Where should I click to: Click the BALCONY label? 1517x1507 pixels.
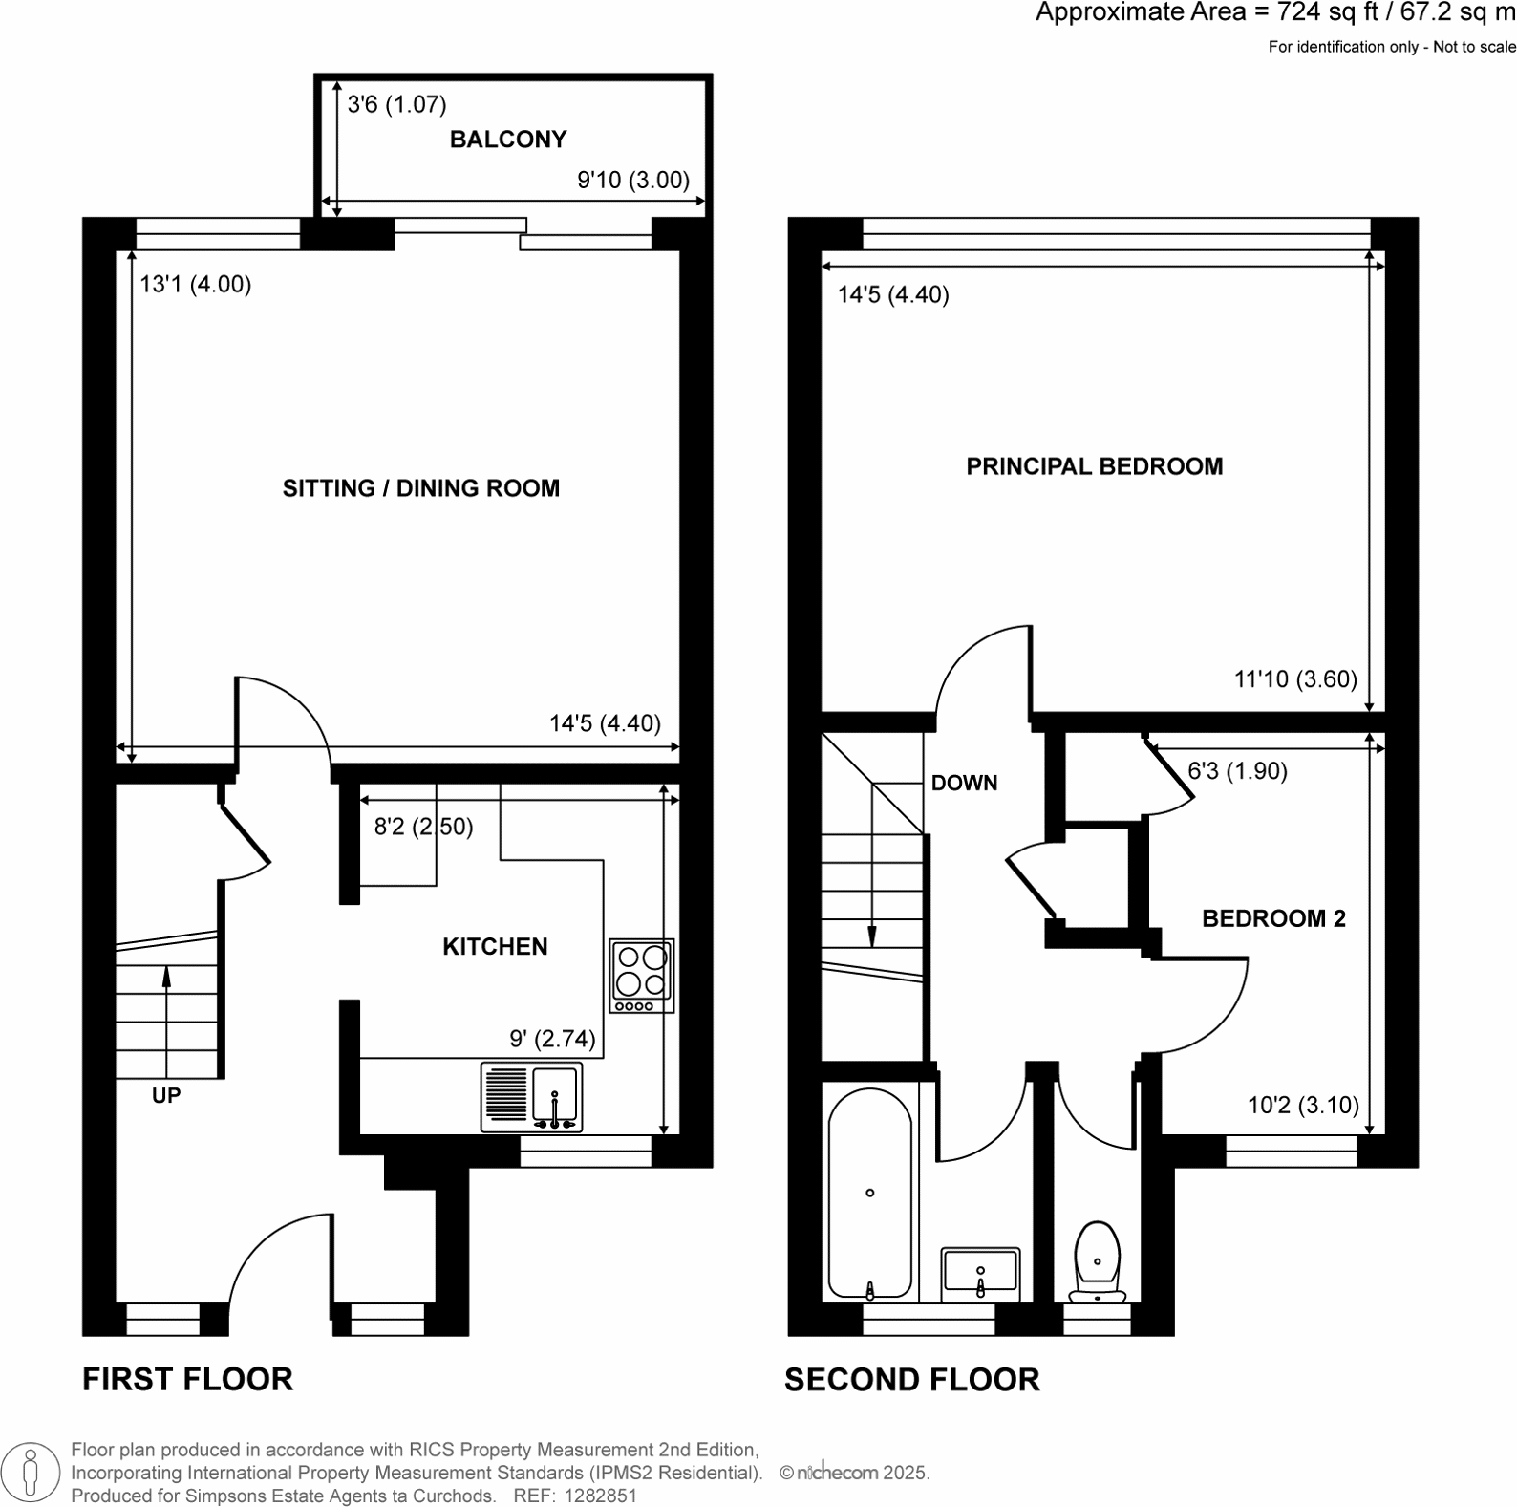pyautogui.click(x=507, y=140)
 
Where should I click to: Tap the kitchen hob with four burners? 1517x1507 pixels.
pyautogui.click(x=642, y=976)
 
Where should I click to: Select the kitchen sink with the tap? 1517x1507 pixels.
pyautogui.click(x=555, y=1098)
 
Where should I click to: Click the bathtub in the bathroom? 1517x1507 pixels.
pyautogui.click(x=869, y=1194)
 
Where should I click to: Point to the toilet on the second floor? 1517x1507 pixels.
pyautogui.click(x=1098, y=1262)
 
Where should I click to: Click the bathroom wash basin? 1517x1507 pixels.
pyautogui.click(x=981, y=1274)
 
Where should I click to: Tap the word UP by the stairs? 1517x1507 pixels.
pyautogui.click(x=166, y=1096)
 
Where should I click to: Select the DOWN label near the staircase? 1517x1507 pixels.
pyautogui.click(x=964, y=784)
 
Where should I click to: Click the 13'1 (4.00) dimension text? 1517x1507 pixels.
pyautogui.click(x=195, y=285)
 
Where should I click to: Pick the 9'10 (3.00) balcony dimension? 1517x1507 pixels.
pyautogui.click(x=633, y=181)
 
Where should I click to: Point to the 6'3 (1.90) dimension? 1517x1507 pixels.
pyautogui.click(x=1237, y=771)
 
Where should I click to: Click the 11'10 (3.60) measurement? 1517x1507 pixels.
pyautogui.click(x=1295, y=679)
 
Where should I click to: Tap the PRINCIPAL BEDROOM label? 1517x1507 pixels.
pyautogui.click(x=1094, y=467)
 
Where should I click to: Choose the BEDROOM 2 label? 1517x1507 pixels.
pyautogui.click(x=1273, y=919)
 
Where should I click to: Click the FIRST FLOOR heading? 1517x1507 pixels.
pyautogui.click(x=187, y=1380)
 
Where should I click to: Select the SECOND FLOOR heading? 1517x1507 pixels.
pyautogui.click(x=911, y=1380)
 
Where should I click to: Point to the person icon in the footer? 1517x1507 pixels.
pyautogui.click(x=32, y=1472)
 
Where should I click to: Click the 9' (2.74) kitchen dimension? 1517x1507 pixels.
pyautogui.click(x=552, y=1039)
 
